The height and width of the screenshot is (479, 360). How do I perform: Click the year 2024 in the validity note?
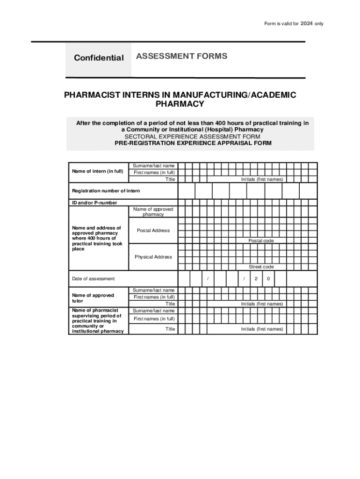(306, 23)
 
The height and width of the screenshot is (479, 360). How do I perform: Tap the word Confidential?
(99, 58)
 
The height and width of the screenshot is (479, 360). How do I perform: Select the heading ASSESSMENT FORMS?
(181, 57)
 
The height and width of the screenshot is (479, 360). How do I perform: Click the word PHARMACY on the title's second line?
(180, 104)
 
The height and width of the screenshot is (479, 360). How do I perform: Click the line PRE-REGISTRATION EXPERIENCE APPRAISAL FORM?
(193, 143)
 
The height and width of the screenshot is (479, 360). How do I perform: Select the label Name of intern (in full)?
(97, 171)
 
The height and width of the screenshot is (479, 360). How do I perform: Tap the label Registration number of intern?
(106, 191)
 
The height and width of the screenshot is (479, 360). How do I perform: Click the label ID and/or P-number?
(94, 203)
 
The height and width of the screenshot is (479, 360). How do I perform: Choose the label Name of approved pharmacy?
(153, 211)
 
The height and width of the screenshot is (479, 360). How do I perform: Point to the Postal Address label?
(153, 230)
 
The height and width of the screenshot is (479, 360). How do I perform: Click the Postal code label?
(261, 240)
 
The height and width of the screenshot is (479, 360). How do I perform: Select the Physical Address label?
(153, 257)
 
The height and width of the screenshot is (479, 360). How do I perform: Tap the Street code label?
(261, 267)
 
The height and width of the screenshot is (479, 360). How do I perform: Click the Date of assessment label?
(93, 279)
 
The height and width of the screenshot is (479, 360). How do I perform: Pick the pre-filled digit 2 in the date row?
(256, 279)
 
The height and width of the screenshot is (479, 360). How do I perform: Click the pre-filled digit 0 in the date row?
(268, 279)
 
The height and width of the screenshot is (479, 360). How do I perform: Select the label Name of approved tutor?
(93, 298)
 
